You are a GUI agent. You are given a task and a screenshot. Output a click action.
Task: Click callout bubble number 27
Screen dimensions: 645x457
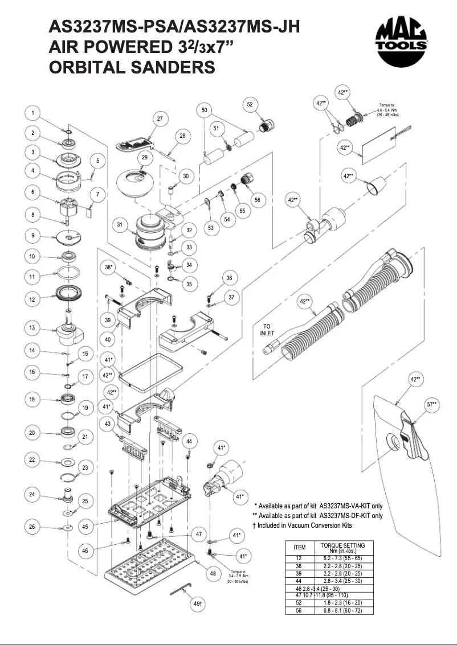(160, 118)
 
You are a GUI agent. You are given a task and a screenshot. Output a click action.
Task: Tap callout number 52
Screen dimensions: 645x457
(250, 104)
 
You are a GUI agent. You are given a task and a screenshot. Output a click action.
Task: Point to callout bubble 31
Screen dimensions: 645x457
(120, 225)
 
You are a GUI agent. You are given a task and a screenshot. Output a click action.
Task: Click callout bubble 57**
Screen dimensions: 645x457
(432, 404)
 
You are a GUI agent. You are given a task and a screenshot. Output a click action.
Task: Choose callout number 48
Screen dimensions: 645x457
(213, 573)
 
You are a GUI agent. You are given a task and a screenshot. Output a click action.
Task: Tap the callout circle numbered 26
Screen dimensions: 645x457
(33, 527)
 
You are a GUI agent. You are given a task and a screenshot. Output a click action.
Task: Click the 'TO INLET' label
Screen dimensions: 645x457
(267, 330)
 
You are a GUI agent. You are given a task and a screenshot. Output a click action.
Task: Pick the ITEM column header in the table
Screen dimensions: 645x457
(300, 547)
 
